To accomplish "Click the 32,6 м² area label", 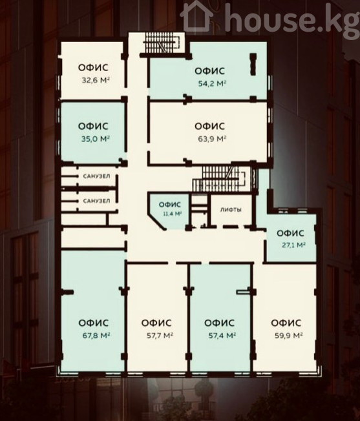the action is pyautogui.click(x=96, y=80).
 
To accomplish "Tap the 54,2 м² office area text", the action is pyautogui.click(x=212, y=83).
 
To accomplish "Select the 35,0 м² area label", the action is pyautogui.click(x=96, y=139).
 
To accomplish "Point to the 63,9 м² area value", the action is pyautogui.click(x=212, y=139).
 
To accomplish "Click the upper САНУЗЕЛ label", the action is pyautogui.click(x=96, y=176).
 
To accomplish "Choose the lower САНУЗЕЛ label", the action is pyautogui.click(x=96, y=201).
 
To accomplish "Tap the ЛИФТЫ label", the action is pyautogui.click(x=231, y=210).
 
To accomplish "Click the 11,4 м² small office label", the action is pyautogui.click(x=173, y=214).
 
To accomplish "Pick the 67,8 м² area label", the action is pyautogui.click(x=97, y=335).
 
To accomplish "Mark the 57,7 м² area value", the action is pyautogui.click(x=160, y=335).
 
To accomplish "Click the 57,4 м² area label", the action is pyautogui.click(x=222, y=335).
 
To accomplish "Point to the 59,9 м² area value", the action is pyautogui.click(x=289, y=335).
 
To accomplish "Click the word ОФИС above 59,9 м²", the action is pyautogui.click(x=286, y=323).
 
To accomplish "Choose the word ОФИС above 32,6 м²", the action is pyautogui.click(x=93, y=68).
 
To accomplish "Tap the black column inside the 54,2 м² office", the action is pyautogui.click(x=253, y=64).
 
